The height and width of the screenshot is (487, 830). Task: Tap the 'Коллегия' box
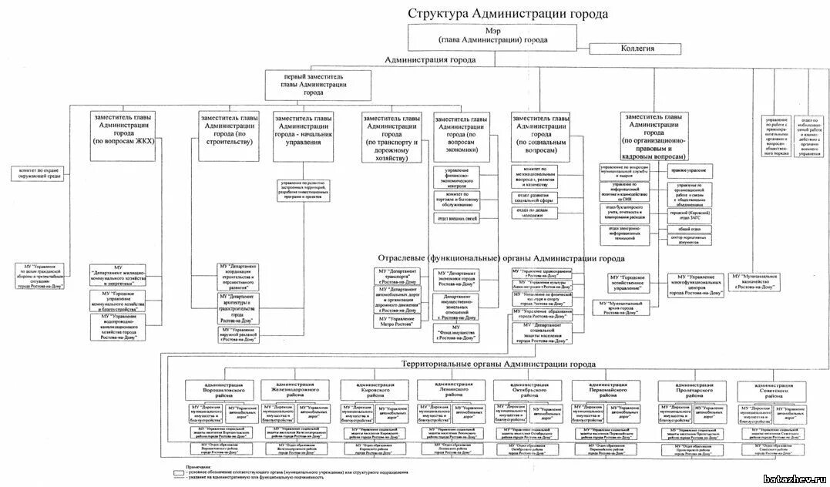point(637,49)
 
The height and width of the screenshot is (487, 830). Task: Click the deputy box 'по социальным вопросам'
point(542,131)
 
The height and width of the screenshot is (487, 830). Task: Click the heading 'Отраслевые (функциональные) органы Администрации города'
point(501,258)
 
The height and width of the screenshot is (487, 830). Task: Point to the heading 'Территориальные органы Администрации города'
point(499,364)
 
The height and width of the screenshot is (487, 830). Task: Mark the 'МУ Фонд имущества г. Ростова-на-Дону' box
point(457,332)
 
